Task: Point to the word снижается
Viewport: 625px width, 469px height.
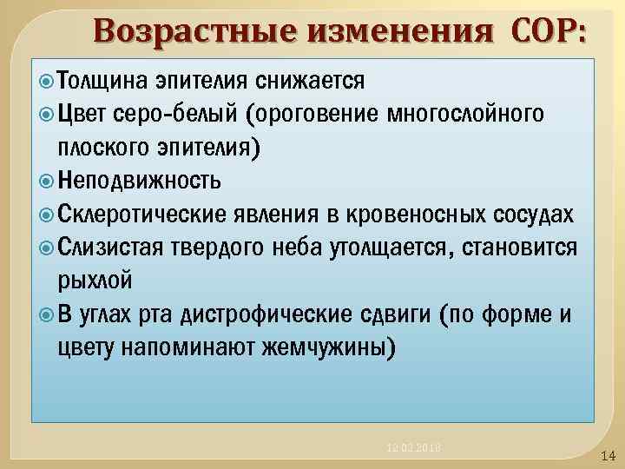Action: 313,81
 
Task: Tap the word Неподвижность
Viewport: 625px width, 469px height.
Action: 140,180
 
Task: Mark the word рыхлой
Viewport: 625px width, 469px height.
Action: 95,281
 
